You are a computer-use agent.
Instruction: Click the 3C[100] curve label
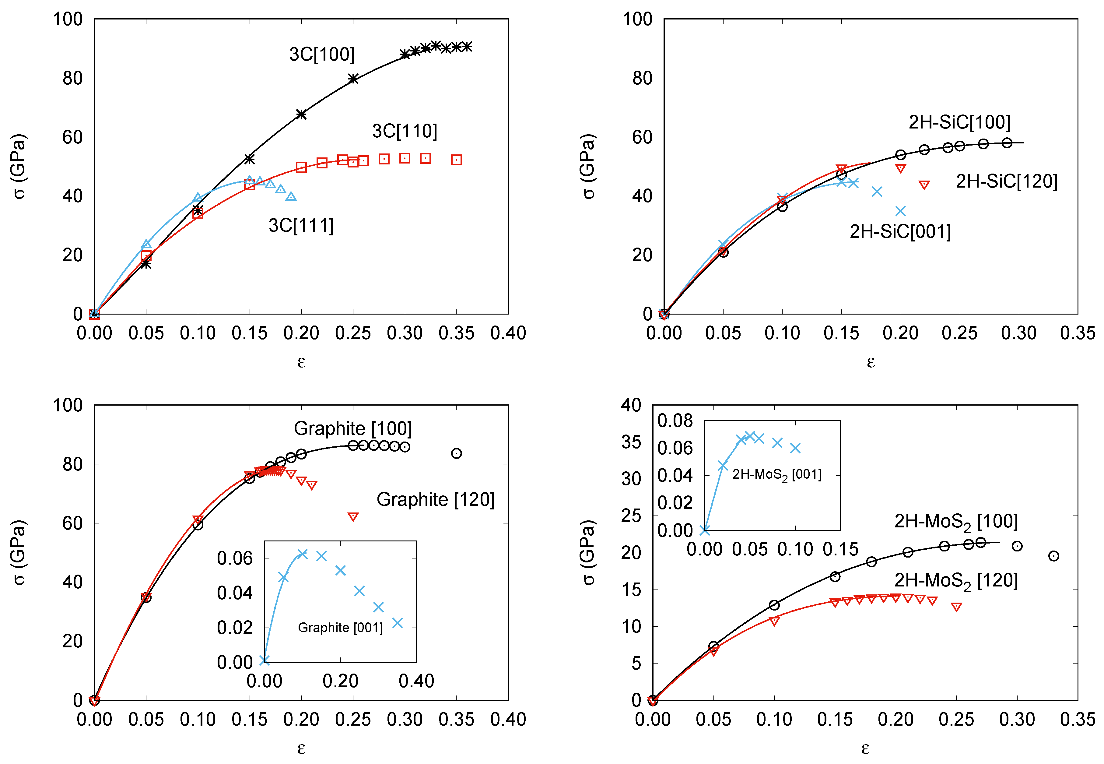(321, 54)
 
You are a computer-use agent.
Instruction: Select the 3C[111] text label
(301, 225)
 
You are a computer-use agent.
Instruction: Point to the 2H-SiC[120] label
(1006, 181)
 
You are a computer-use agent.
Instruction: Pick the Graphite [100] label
(353, 428)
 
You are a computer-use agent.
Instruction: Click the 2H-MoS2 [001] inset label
(776, 474)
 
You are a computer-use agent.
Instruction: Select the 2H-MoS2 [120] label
(956, 580)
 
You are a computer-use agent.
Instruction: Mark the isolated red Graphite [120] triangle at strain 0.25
(353, 516)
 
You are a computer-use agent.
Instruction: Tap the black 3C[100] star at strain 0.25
(353, 79)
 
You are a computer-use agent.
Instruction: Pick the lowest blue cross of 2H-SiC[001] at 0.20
(900, 211)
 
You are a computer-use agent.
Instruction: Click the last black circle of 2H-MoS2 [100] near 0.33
(1053, 556)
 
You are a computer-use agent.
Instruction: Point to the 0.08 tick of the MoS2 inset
(675, 421)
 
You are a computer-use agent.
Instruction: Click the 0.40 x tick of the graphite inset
(416, 681)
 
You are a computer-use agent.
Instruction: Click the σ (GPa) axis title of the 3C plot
(19, 166)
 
